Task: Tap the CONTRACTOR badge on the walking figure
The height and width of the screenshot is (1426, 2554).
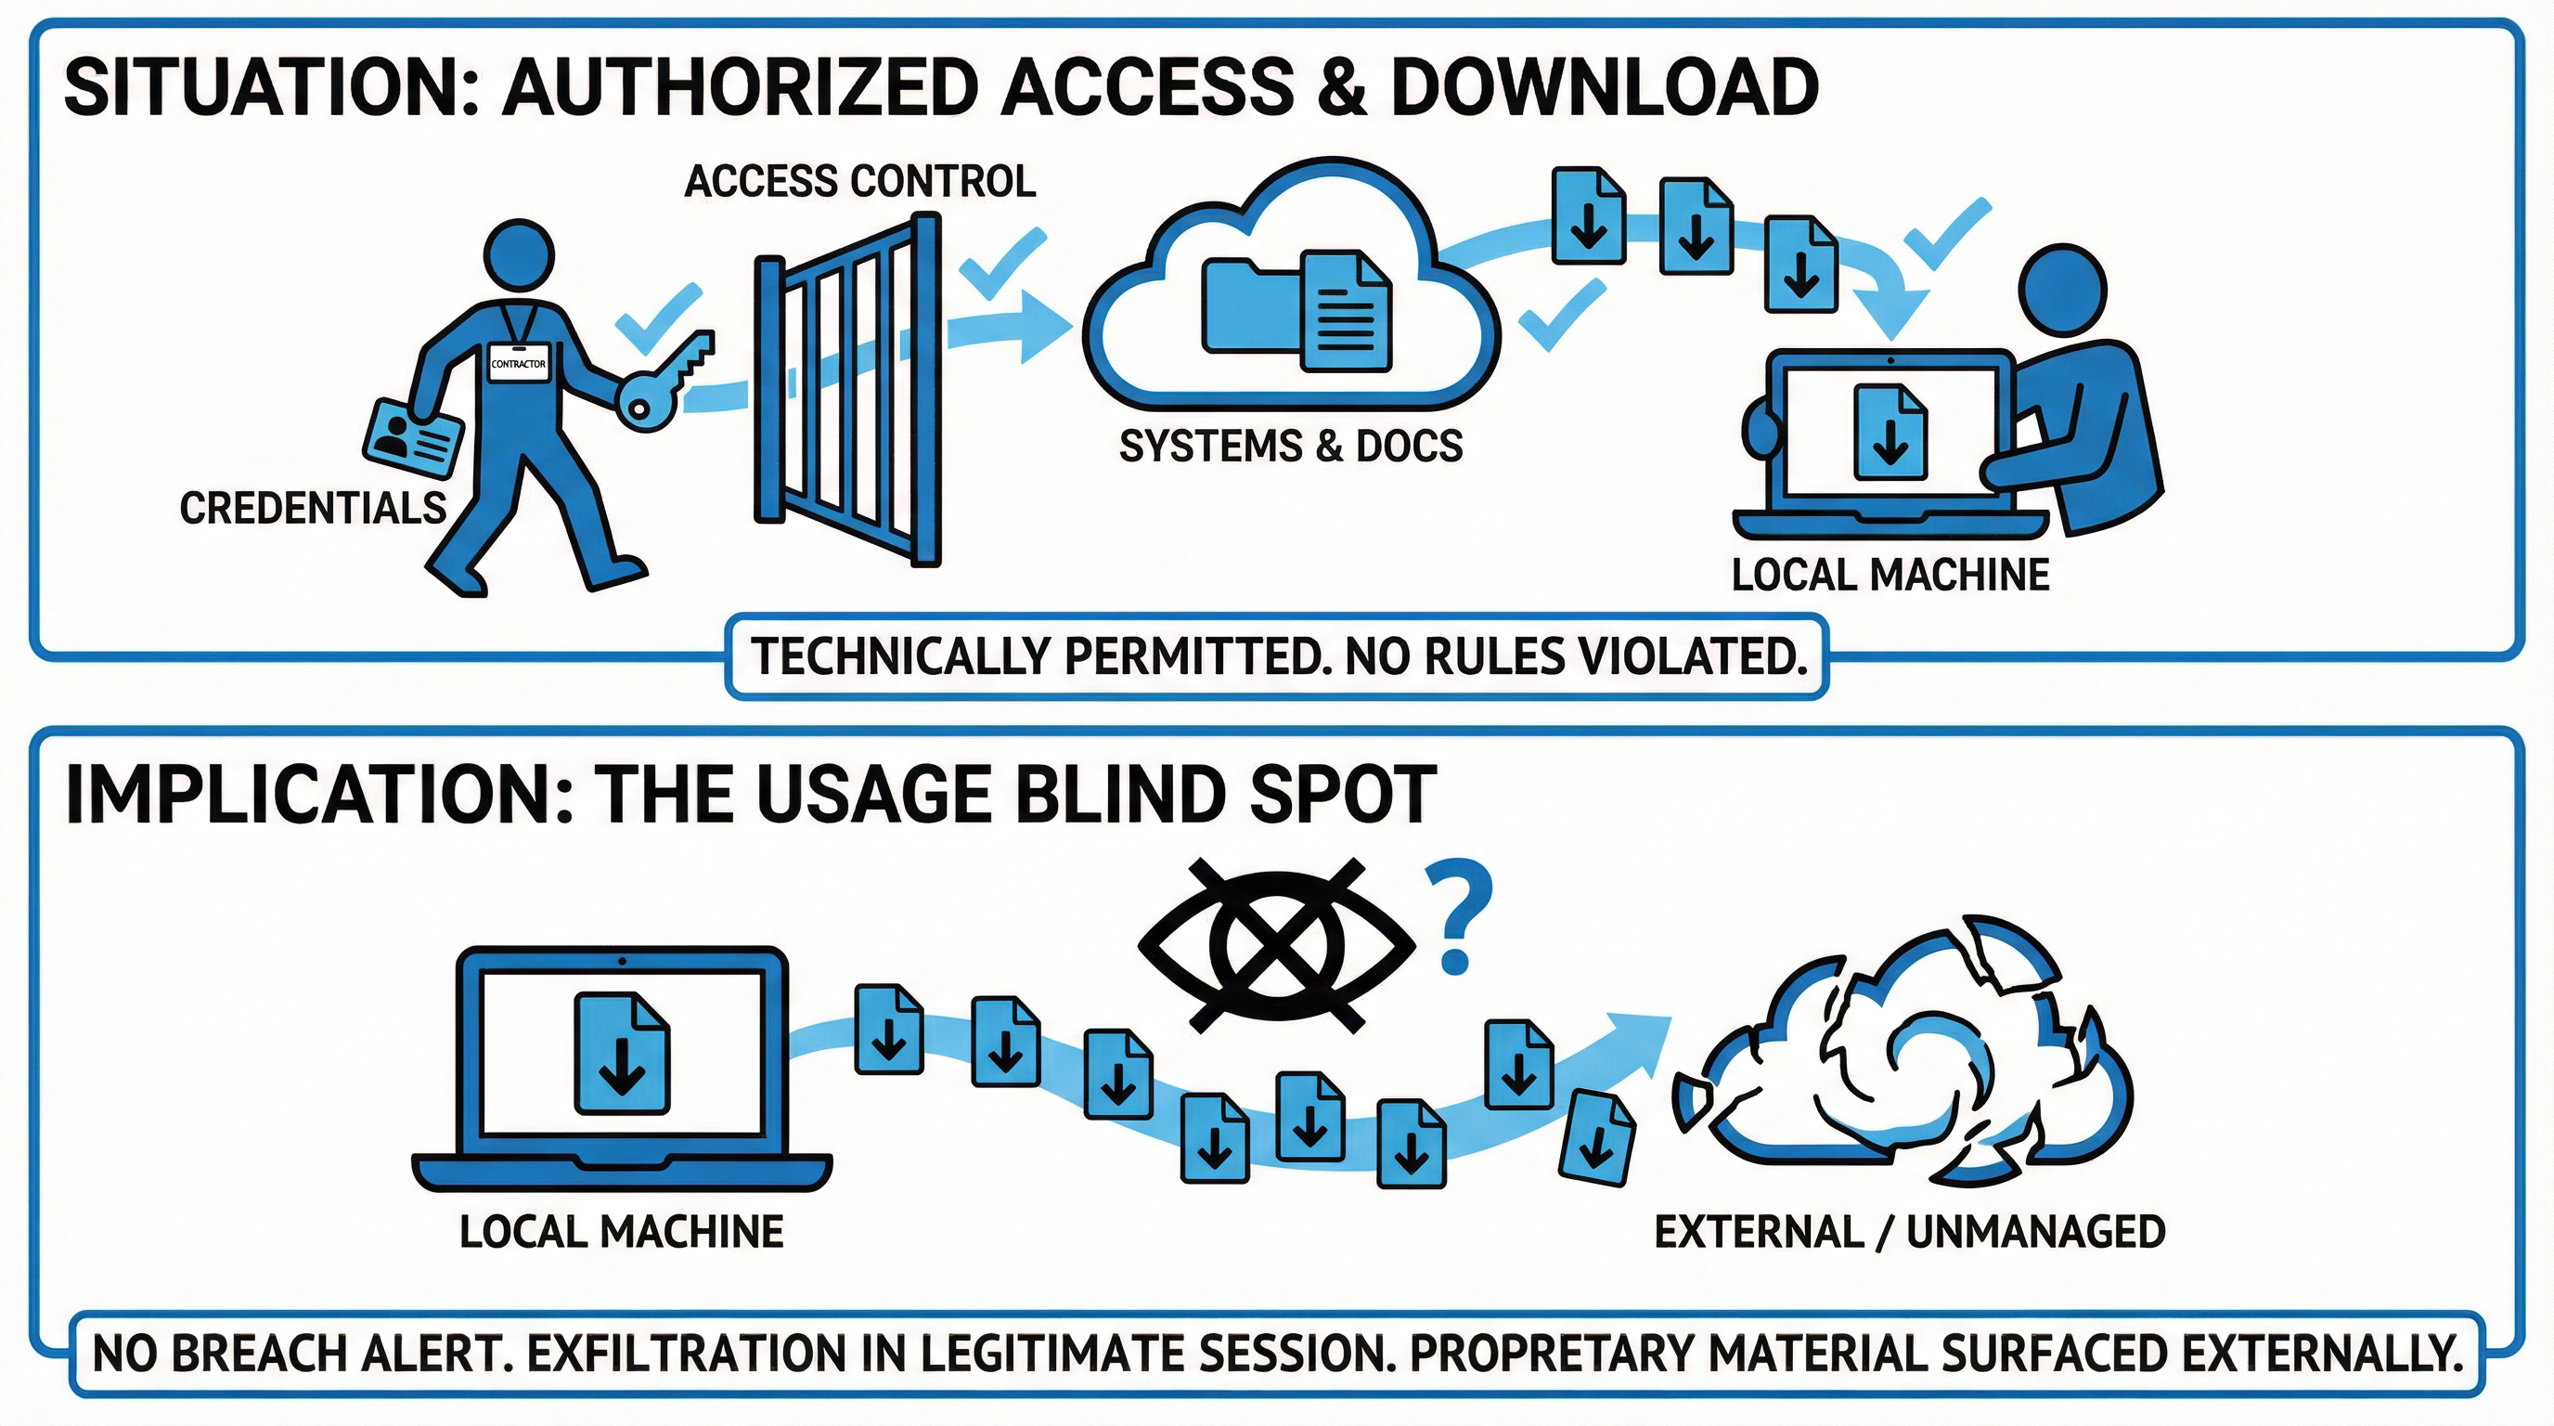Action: (x=518, y=364)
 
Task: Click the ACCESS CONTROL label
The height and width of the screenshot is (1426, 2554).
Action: (x=859, y=181)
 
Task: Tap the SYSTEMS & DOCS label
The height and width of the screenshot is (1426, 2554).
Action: (x=1290, y=447)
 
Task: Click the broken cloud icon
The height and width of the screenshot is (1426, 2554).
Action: (x=1903, y=1061)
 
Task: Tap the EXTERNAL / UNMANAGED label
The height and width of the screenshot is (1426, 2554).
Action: (x=1909, y=1232)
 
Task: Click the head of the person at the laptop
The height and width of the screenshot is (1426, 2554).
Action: (x=2062, y=289)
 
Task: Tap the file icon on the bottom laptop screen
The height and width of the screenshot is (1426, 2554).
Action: (x=622, y=1054)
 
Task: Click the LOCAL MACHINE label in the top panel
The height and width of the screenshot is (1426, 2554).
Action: (x=1890, y=576)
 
